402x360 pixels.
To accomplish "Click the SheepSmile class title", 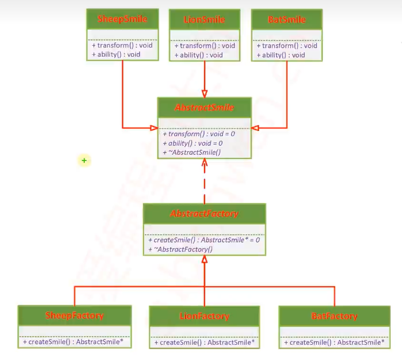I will point(122,20).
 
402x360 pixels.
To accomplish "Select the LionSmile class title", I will point(204,20).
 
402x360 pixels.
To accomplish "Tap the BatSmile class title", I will point(287,20).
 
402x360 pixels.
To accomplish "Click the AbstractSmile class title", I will point(204,108).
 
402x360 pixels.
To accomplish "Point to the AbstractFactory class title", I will point(204,214).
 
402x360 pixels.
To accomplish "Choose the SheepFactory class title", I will point(74,315).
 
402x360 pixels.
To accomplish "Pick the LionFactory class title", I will point(204,316).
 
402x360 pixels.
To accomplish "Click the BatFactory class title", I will point(334,316).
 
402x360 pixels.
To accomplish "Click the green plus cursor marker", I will point(84,161).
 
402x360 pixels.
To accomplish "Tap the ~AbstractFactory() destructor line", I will point(181,249).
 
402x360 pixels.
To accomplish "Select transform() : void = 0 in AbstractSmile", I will point(199,134).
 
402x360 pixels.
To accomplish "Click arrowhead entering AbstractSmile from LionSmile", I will point(204,94).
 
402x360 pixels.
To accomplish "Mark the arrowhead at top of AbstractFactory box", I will point(204,260).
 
